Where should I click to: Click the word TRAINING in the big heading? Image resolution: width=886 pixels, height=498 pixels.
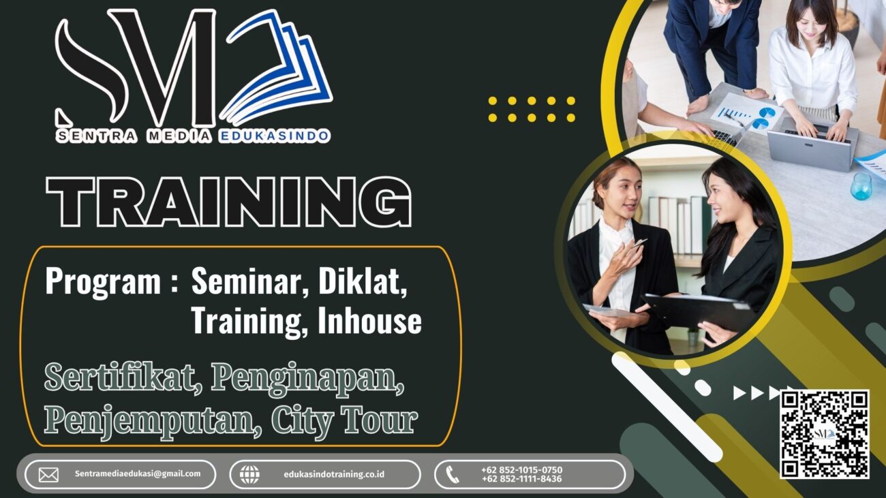(229, 202)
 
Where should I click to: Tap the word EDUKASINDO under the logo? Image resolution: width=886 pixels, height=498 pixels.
(274, 136)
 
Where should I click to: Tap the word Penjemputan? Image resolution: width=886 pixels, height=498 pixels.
(153, 421)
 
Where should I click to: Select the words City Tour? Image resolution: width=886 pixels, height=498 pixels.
(344, 421)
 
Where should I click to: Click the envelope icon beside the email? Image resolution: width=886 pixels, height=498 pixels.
(48, 475)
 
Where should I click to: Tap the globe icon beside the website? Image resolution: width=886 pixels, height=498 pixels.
(250, 475)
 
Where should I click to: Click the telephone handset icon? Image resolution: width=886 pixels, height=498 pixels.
(452, 474)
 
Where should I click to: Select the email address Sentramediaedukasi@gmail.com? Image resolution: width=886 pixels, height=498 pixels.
(138, 473)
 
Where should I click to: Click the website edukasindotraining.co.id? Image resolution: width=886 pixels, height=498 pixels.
(334, 474)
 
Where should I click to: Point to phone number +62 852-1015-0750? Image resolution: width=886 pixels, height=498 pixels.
(521, 470)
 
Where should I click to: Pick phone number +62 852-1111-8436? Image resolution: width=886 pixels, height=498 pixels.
(521, 479)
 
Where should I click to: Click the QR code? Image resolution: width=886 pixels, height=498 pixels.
(825, 434)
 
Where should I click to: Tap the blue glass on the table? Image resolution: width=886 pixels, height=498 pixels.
(861, 186)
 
